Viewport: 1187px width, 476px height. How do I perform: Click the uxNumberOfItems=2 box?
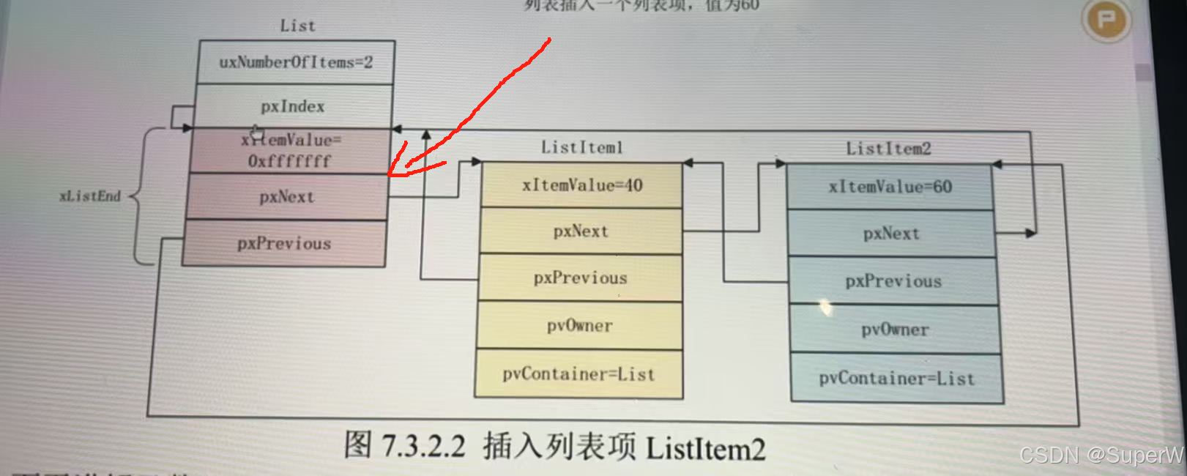pos(296,62)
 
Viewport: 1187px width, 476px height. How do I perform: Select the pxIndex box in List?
pos(293,106)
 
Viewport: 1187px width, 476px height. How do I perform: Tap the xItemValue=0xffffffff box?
pos(290,150)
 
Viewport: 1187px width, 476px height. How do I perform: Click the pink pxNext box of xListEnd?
pos(286,196)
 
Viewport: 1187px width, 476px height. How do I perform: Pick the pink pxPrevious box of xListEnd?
pos(284,243)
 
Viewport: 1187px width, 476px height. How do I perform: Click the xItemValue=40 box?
pos(581,185)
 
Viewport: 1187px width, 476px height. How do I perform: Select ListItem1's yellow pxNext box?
pos(581,231)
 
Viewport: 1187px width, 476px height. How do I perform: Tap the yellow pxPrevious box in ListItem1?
pos(580,278)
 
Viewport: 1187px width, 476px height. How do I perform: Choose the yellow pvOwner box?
pos(579,325)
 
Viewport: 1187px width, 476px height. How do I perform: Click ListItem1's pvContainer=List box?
pos(578,374)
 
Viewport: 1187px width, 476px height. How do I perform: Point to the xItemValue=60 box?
pos(890,187)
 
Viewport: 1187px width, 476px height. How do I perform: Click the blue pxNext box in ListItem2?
pos(891,234)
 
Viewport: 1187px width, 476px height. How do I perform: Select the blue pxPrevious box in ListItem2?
pos(893,281)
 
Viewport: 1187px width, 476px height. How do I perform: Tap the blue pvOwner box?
pos(895,330)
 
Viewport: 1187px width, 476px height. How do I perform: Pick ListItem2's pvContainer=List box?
pos(897,379)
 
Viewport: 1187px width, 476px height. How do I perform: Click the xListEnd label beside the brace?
pos(89,196)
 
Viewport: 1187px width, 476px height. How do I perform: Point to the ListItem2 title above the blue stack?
pos(888,149)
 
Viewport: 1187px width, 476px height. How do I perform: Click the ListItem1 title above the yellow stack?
pos(581,147)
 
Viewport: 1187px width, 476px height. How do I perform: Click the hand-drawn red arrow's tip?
pos(390,174)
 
